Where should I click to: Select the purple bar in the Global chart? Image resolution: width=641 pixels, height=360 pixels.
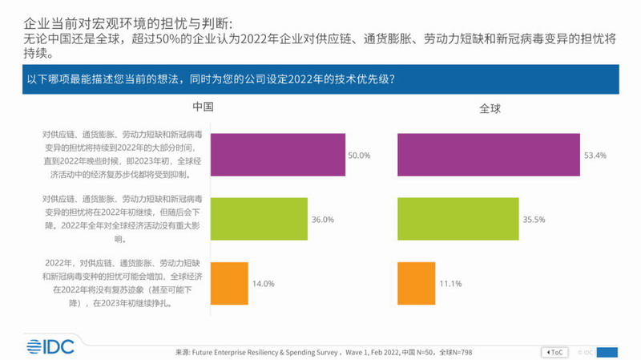(488, 155)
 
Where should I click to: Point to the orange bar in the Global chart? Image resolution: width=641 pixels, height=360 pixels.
(416, 282)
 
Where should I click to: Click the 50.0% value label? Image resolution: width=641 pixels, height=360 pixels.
(358, 156)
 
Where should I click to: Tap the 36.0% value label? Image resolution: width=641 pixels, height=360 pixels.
(322, 219)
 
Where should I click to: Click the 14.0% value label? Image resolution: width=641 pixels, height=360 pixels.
(264, 283)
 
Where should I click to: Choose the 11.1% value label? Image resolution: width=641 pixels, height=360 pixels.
(452, 283)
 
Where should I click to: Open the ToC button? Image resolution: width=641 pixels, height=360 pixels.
(554, 352)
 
